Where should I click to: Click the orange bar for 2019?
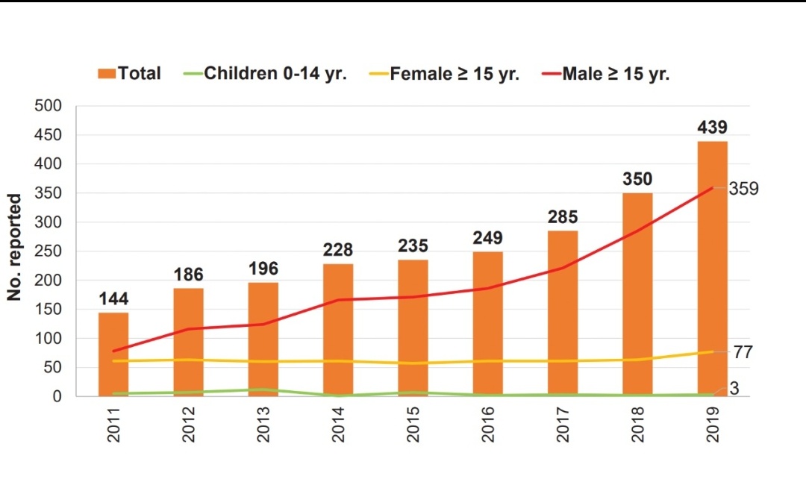coord(713,269)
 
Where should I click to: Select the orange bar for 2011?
coord(113,354)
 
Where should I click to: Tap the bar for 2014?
coord(338,330)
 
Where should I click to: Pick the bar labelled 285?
coord(563,313)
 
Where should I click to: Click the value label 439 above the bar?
coord(713,127)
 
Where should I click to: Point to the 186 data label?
coord(189,275)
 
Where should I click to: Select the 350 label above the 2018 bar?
coord(637,179)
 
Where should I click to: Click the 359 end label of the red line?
coord(744,189)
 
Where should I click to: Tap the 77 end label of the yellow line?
coord(743,352)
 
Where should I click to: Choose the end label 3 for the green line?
coord(734,389)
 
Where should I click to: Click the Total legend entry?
coord(130,73)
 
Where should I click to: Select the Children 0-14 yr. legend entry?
coord(265,73)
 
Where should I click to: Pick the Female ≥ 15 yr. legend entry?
coord(445,73)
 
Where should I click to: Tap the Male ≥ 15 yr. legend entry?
coord(606,73)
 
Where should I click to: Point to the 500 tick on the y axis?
coord(48,106)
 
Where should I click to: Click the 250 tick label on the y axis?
coord(48,251)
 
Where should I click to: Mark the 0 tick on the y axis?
coord(57,396)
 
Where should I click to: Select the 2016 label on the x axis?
coord(488,425)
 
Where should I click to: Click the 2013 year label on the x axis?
coord(263,425)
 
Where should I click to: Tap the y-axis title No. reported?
coord(14,247)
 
